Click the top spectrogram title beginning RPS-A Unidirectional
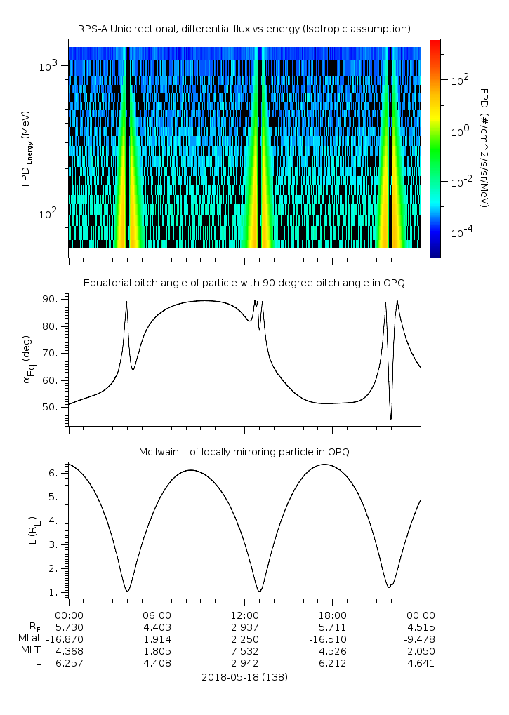(244, 29)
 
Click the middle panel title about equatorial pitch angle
(244, 283)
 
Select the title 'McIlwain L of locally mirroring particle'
(244, 452)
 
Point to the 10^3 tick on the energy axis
(53, 66)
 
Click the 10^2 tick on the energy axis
(53, 213)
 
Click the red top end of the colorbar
(435, 44)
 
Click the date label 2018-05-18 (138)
(244, 677)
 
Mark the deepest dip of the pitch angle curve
(391, 419)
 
